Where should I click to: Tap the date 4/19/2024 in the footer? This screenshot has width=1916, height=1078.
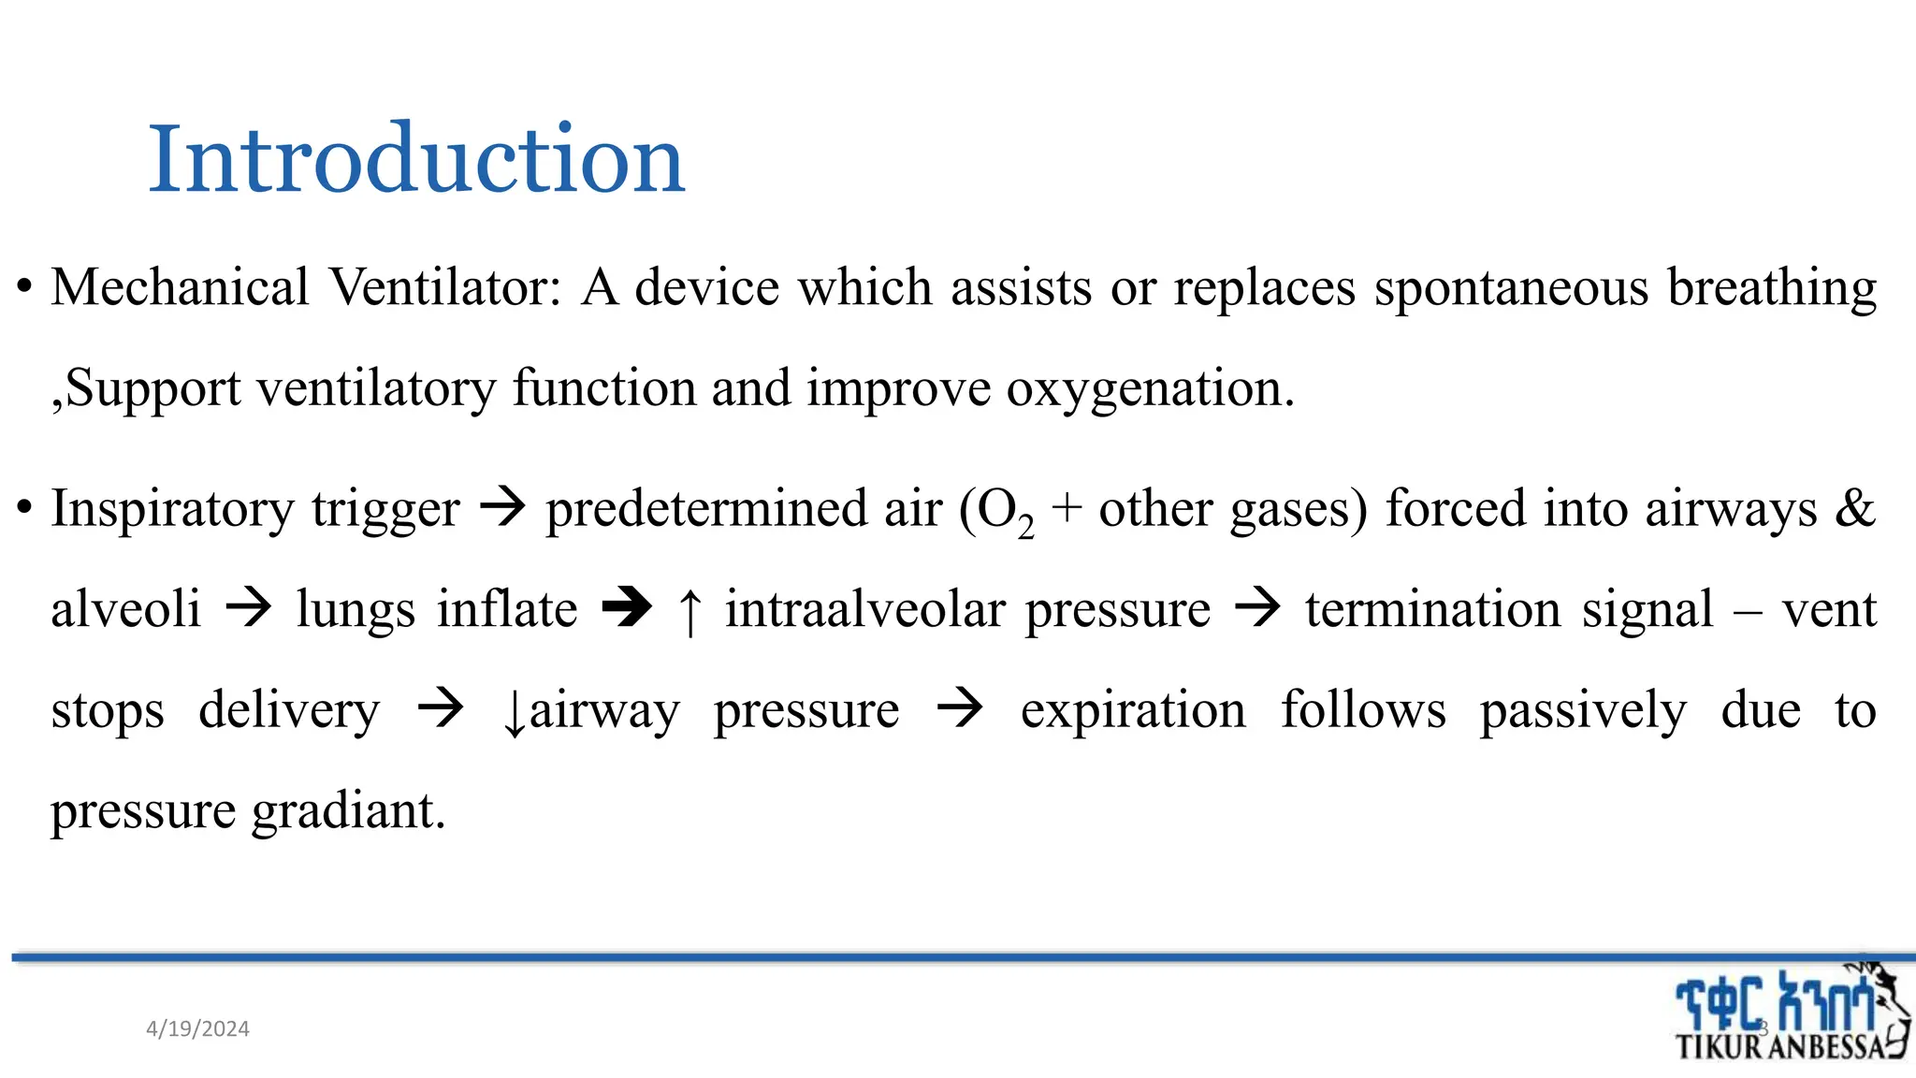(x=197, y=1029)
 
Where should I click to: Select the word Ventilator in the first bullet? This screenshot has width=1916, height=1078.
(x=445, y=287)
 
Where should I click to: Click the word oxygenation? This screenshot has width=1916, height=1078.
(x=1150, y=388)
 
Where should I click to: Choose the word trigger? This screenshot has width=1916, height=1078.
(x=385, y=510)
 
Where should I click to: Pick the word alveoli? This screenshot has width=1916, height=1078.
(x=126, y=610)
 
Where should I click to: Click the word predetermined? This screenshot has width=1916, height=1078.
(x=744, y=510)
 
